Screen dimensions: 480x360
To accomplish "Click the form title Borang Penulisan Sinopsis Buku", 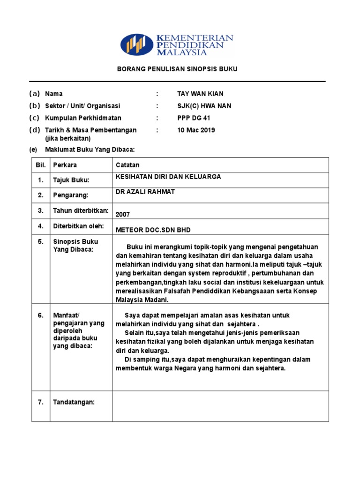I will click(177, 69).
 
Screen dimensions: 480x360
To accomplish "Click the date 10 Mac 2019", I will click(196, 130).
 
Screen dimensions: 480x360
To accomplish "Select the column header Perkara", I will click(65, 165).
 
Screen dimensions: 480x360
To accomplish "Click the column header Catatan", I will click(127, 165).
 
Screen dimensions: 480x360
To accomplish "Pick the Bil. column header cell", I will click(40, 165).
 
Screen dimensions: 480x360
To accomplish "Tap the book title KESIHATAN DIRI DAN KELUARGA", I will click(168, 177).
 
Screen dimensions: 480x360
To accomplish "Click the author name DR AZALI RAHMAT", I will click(146, 192).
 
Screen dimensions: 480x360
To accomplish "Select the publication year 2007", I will click(123, 214).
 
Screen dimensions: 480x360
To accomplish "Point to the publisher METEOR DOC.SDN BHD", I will click(153, 230).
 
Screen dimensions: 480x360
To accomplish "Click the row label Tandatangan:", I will click(74, 402).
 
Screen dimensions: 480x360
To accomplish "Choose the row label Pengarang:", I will click(70, 195).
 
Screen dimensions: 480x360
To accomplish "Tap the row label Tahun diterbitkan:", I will click(81, 211).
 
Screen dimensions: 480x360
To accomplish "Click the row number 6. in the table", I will click(41, 315).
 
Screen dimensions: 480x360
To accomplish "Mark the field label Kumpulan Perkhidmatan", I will click(76, 118).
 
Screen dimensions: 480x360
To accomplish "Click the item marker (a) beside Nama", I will click(35, 94).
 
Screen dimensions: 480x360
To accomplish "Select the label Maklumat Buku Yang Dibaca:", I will click(90, 150).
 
